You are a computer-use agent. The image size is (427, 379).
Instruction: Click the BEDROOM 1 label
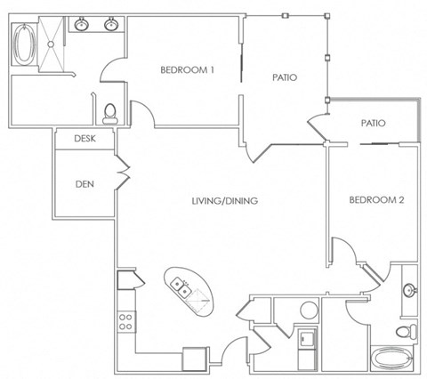(188, 70)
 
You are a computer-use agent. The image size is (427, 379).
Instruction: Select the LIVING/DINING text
(224, 201)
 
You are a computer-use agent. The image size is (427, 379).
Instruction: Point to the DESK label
(85, 139)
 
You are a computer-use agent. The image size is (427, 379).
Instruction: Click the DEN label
(85, 184)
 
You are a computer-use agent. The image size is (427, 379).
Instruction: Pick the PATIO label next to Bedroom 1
(284, 78)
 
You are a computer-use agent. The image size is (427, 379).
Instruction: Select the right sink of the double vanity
(112, 25)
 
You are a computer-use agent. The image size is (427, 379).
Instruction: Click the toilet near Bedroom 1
(110, 112)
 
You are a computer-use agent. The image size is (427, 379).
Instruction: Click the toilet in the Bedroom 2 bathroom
(405, 330)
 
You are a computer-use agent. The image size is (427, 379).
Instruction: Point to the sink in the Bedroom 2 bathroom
(408, 289)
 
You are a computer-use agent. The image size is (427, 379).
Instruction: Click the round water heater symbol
(309, 310)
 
